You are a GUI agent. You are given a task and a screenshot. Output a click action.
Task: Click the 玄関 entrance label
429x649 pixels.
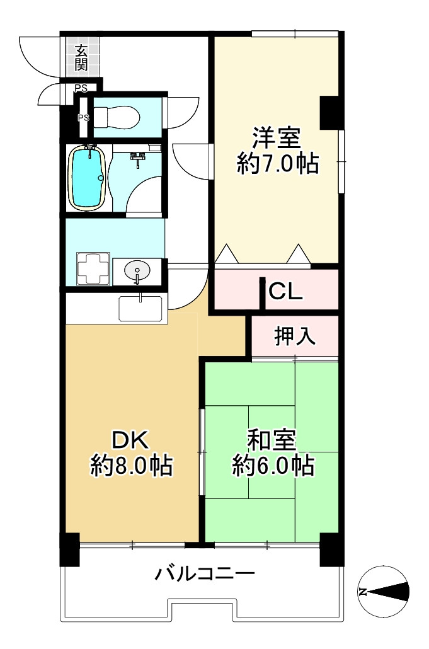point(81,57)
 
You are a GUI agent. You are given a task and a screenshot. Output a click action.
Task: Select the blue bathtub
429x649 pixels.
point(86,178)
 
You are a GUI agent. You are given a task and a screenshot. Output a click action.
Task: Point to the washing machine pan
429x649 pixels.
point(92,269)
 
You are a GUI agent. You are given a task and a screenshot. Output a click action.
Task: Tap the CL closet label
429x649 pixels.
point(286,291)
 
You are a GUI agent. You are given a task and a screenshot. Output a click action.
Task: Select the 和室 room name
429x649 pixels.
point(273,439)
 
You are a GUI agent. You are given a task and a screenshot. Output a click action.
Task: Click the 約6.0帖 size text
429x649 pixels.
point(273,466)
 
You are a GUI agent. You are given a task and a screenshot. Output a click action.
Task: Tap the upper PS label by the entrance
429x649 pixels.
point(81,88)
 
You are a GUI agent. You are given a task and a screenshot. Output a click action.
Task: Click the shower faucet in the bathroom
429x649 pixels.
point(137,158)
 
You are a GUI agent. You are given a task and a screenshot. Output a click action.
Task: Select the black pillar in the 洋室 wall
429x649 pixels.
point(330,112)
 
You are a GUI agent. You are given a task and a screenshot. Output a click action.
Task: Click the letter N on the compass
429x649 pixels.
point(363,592)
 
